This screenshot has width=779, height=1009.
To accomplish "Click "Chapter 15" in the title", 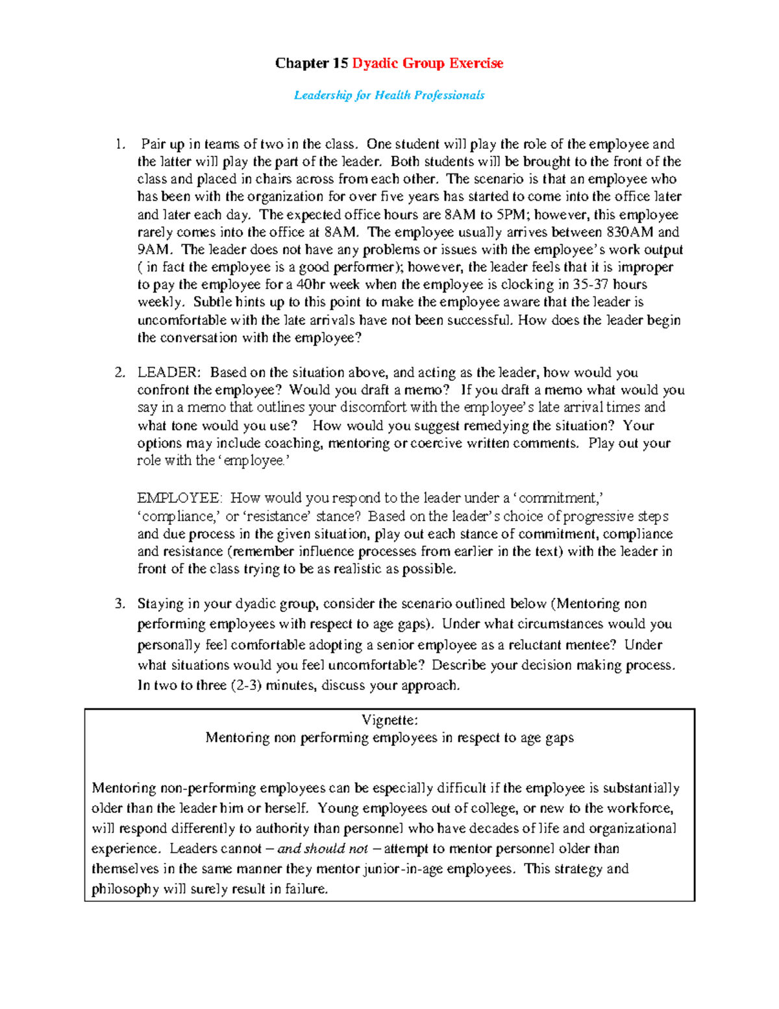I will tap(312, 63).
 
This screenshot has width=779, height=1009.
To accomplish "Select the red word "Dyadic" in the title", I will tap(375, 63).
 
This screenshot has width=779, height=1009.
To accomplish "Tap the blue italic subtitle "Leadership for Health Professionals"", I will tap(389, 96).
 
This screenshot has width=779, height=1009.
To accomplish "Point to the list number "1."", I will tap(119, 144).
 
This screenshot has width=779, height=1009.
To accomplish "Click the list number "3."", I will tap(119, 604).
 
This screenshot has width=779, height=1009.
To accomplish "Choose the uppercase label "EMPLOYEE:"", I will tap(180, 498).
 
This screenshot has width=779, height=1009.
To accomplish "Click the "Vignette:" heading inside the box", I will tap(389, 720).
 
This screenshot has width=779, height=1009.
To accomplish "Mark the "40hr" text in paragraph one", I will tap(310, 285).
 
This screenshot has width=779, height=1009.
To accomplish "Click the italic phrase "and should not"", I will tap(323, 849).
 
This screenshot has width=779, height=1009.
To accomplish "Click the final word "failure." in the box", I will tap(306, 889).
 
